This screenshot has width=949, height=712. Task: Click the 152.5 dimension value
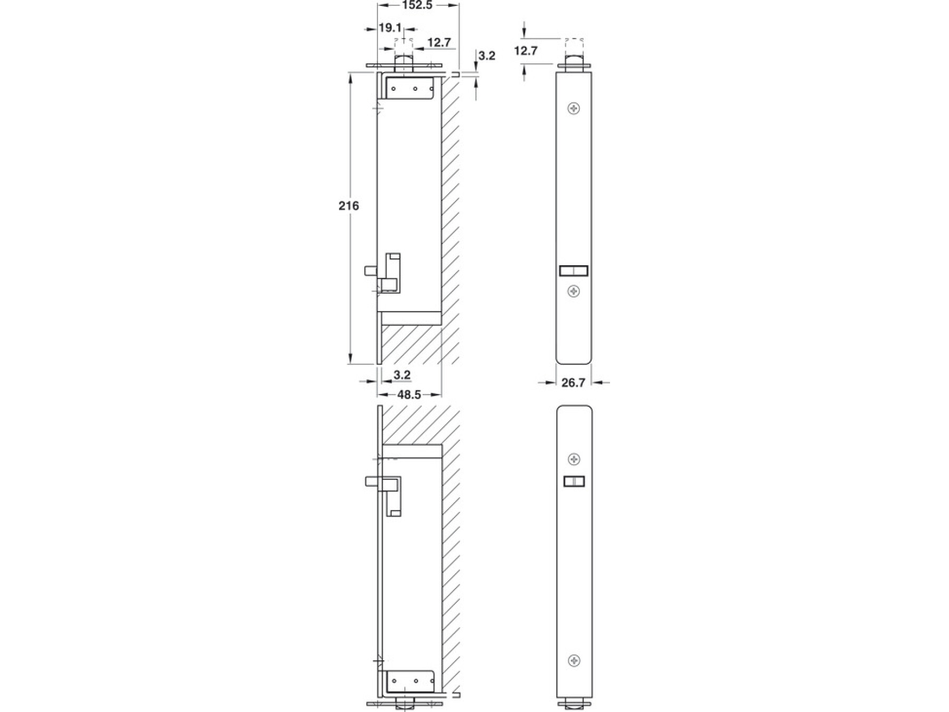(417, 5)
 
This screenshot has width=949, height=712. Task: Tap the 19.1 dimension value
(390, 28)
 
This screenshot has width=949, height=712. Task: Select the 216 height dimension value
(348, 206)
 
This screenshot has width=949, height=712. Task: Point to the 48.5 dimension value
(409, 395)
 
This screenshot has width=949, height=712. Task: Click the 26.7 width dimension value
(573, 382)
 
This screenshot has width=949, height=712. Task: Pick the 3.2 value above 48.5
(402, 375)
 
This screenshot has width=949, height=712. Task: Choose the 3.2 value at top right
(487, 55)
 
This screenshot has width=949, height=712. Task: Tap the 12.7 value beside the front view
(526, 51)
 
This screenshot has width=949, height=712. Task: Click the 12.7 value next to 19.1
(439, 42)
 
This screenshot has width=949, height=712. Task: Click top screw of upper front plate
(574, 109)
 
